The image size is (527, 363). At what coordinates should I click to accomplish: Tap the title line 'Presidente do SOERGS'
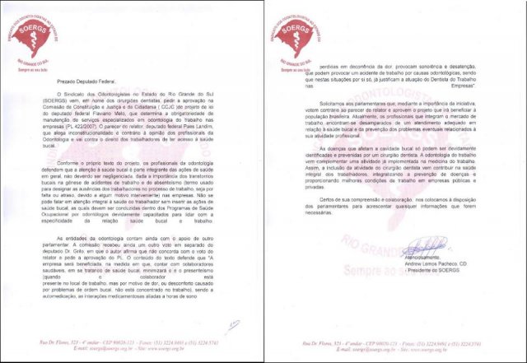point(435,272)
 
